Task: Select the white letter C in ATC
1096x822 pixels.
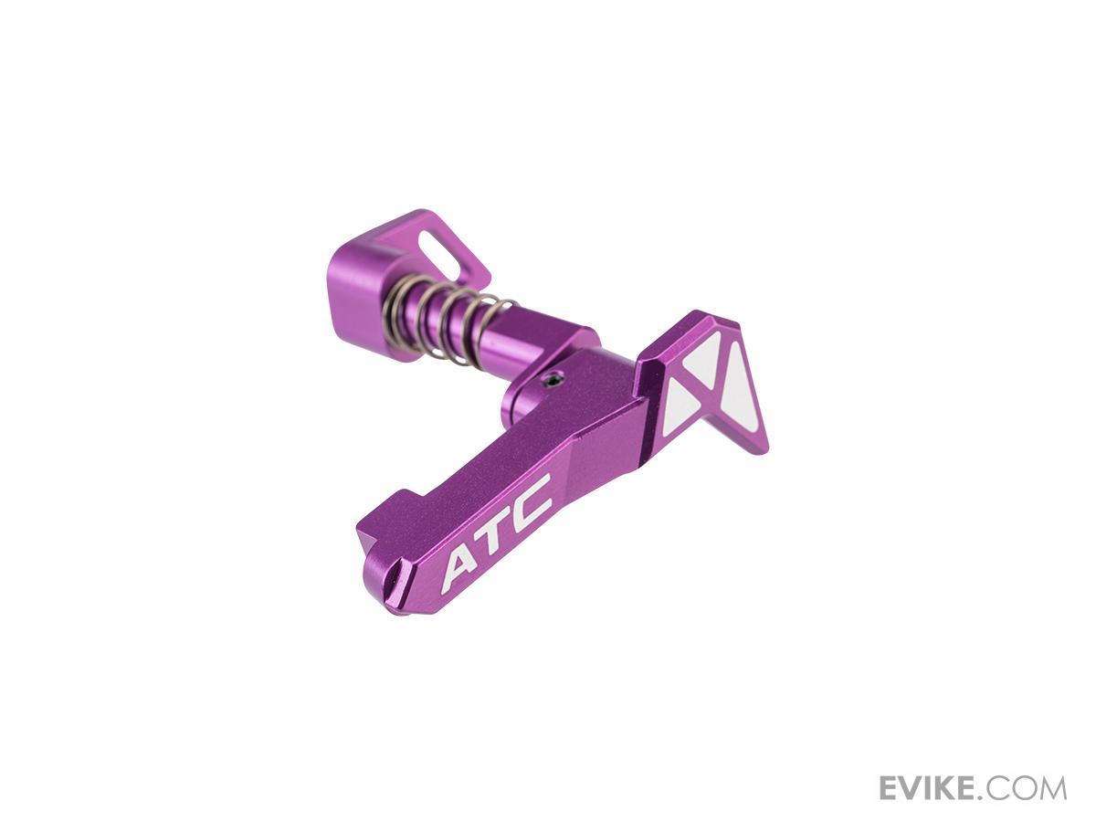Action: pos(531,497)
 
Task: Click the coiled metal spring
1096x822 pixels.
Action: pos(446,327)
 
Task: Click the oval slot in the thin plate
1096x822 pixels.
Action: pos(435,248)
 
